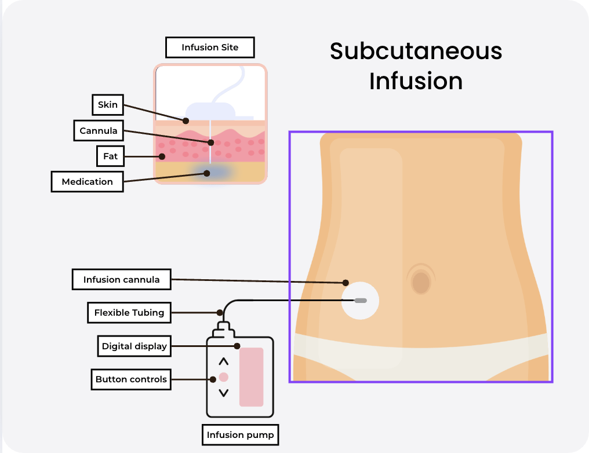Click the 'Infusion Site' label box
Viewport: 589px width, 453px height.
coord(210,48)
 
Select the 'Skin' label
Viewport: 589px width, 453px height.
coord(108,105)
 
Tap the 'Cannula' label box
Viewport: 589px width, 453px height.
coord(99,131)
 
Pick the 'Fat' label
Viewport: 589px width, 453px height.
coord(111,156)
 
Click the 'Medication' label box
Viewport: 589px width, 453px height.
coord(88,181)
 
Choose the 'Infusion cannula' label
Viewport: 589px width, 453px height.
coord(122,280)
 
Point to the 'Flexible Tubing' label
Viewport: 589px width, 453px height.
coord(129,313)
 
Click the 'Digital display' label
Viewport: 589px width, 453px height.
coord(134,346)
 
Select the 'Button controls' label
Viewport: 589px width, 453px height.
coord(131,379)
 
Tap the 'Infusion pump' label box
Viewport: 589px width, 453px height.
coord(241,434)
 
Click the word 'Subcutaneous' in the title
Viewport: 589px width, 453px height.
coord(416,51)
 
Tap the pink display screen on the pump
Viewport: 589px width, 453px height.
coord(251,377)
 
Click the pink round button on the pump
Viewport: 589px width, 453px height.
coord(224,377)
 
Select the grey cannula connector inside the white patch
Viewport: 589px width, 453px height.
coord(361,301)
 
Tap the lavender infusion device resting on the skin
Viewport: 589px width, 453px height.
coord(210,111)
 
